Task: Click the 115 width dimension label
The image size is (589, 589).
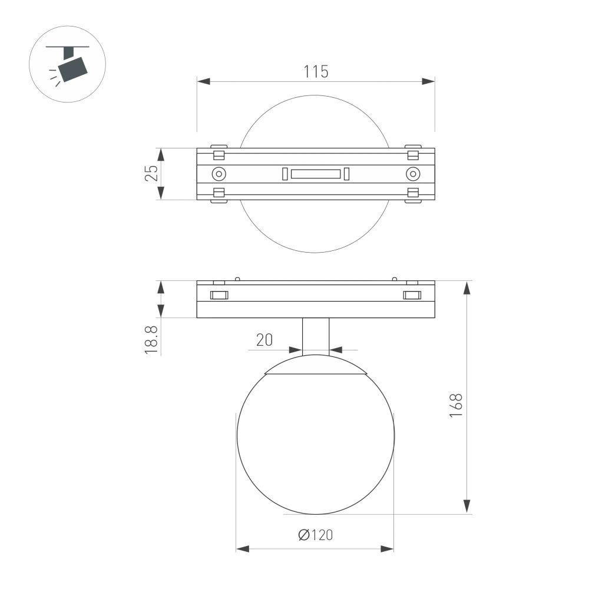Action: (316, 72)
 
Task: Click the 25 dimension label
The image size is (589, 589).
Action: (151, 173)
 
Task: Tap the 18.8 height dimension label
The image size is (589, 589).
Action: (151, 338)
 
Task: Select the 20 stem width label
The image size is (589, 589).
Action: (264, 340)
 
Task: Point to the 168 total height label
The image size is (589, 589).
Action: (455, 405)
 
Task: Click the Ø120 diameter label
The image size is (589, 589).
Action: (315, 535)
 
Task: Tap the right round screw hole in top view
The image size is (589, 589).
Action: (413, 174)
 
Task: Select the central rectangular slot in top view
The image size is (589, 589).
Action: (316, 174)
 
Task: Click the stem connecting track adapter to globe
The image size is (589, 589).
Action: (316, 336)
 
